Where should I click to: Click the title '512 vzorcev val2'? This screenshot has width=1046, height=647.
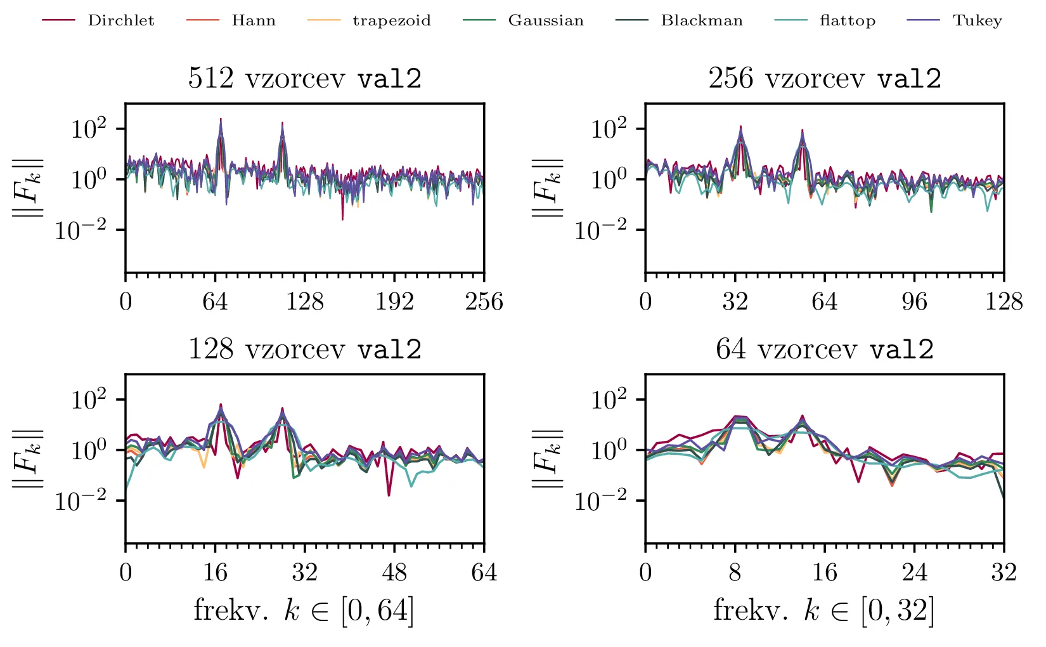pyautogui.click(x=304, y=79)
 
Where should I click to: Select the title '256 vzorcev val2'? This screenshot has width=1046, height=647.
pyautogui.click(x=824, y=79)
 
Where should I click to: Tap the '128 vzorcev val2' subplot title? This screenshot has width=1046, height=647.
pyautogui.click(x=304, y=350)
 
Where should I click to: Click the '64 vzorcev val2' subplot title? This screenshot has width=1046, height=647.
pyautogui.click(x=824, y=350)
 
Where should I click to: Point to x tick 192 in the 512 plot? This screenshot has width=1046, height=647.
pyautogui.click(x=394, y=301)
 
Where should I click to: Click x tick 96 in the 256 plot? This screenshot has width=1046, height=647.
pyautogui.click(x=914, y=301)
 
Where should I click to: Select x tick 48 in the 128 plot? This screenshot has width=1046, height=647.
pyautogui.click(x=394, y=572)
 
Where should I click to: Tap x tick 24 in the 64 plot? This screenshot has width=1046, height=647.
pyautogui.click(x=914, y=572)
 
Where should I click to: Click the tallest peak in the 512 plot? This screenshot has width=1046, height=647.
pyautogui.click(x=221, y=119)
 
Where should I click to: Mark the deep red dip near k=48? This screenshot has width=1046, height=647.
pyautogui.click(x=389, y=494)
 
